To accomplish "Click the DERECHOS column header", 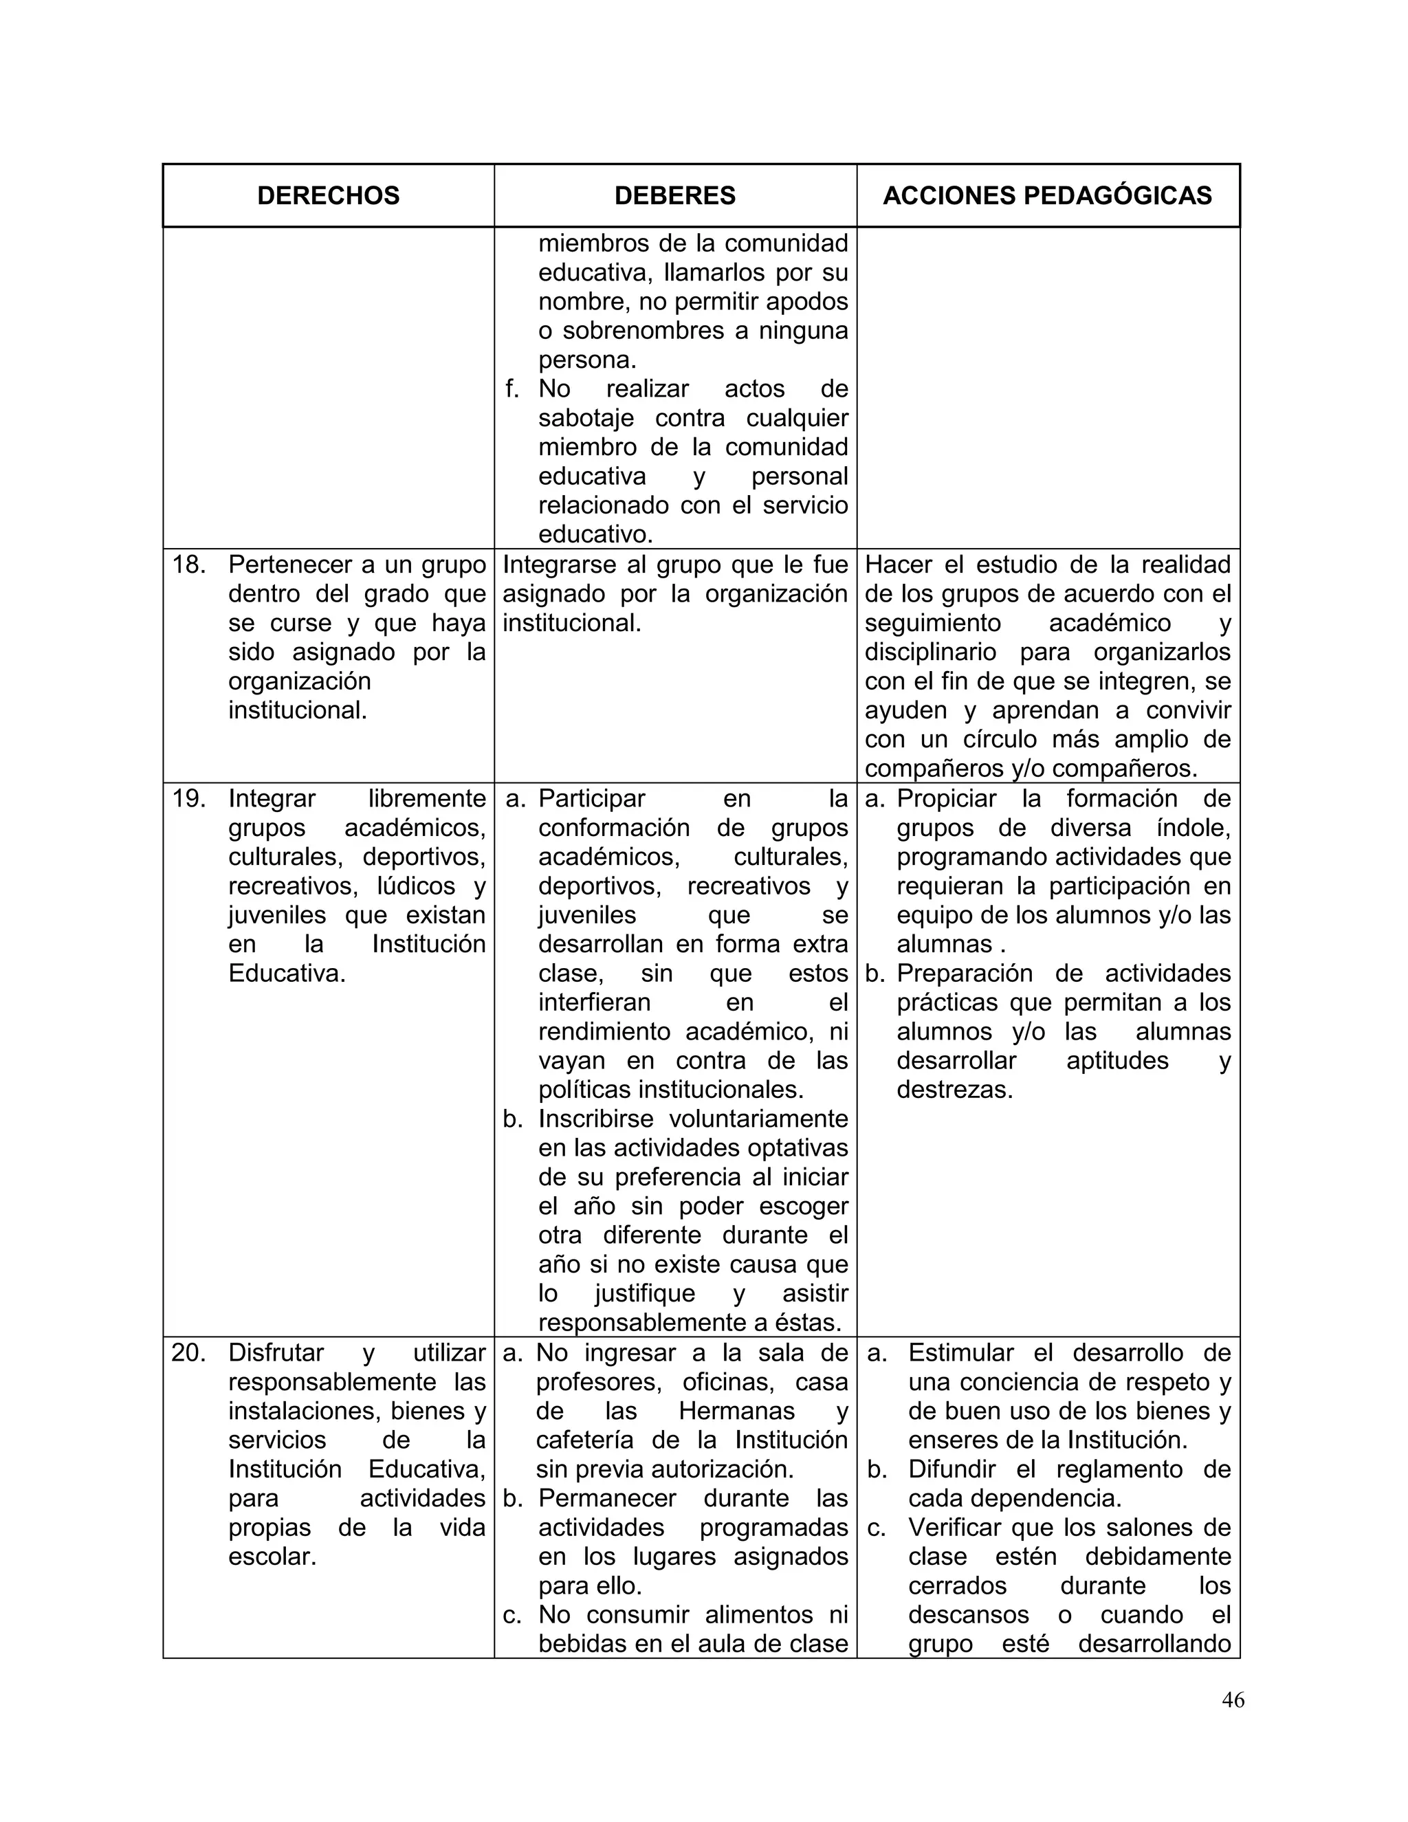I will pos(328,195).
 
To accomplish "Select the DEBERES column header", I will pos(675,195).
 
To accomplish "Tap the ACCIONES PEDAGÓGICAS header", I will pos(1047,195).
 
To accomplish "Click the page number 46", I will pos(1233,1723).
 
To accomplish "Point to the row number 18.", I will pos(188,564).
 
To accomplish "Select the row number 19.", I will pos(188,798).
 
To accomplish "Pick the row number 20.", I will pos(188,1352).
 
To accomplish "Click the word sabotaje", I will pos(586,418).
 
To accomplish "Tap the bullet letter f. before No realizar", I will pos(512,388).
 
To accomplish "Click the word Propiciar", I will pos(946,798).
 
